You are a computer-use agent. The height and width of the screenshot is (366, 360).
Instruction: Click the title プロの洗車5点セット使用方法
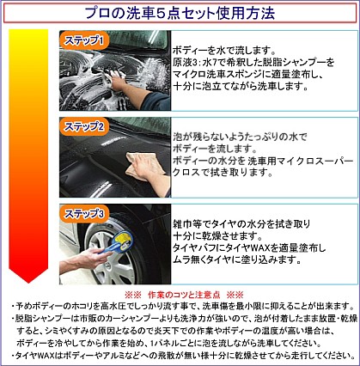pos(180,13)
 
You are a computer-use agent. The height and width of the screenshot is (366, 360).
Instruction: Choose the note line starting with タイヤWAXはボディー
pos(180,354)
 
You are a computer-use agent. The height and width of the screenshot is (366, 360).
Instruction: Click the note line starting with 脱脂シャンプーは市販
pos(180,319)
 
